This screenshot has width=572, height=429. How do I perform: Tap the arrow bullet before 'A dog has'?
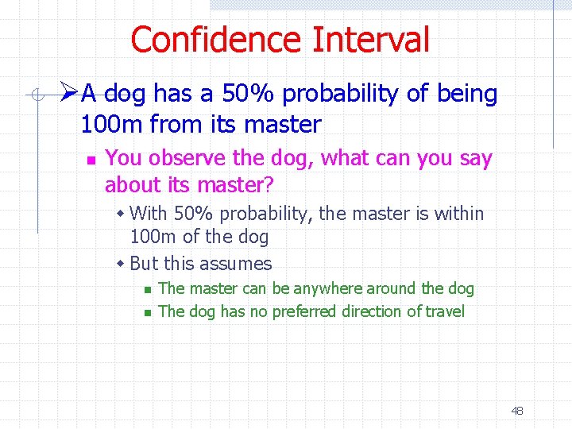tap(69, 94)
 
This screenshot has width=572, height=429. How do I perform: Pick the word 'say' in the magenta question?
tap(476, 159)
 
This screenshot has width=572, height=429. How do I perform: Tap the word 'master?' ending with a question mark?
tap(235, 185)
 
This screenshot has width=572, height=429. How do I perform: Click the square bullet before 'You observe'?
tap(91, 160)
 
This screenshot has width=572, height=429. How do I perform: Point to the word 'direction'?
tap(372, 311)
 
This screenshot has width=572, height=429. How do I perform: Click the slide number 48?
tap(516, 411)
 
